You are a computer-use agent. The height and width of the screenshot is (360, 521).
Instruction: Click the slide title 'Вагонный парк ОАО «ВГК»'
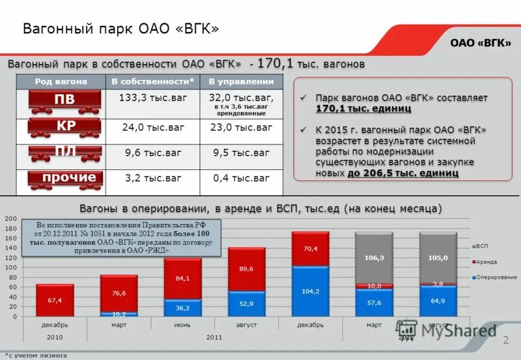pyautogui.click(x=120, y=29)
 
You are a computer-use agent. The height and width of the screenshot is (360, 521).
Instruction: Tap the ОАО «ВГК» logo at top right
pyautogui.click(x=481, y=42)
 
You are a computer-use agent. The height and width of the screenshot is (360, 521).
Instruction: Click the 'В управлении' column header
pyautogui.click(x=241, y=81)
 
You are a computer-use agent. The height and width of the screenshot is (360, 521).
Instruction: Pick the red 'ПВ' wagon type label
pyautogui.click(x=64, y=99)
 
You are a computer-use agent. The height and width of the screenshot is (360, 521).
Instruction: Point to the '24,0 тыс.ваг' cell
pyautogui.click(x=152, y=127)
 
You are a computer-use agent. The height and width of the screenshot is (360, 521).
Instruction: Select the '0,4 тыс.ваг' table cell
pyautogui.click(x=241, y=178)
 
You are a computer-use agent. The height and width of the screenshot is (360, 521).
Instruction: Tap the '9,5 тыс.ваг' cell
pyautogui.click(x=241, y=153)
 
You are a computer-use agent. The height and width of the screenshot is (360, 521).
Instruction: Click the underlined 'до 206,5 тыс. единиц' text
pyautogui.click(x=402, y=173)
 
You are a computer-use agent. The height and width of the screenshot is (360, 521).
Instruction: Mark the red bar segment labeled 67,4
pyautogui.click(x=55, y=300)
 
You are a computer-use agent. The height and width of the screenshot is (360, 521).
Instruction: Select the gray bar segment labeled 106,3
pyautogui.click(x=374, y=258)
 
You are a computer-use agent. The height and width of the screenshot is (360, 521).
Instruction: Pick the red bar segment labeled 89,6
pyautogui.click(x=246, y=269)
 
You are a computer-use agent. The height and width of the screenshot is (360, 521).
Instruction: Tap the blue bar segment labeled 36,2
pyautogui.click(x=182, y=308)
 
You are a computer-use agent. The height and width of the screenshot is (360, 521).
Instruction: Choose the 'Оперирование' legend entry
pyautogui.click(x=494, y=277)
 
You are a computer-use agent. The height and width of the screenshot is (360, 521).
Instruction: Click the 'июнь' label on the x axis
pyautogui.click(x=182, y=324)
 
